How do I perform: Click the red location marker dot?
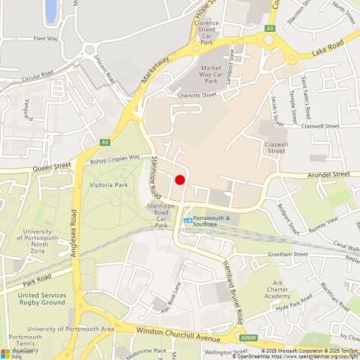pos(180,180)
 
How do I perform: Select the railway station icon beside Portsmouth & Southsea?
pos(188,220)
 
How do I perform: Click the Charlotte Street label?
pos(198,95)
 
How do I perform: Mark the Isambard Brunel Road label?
pos(231,293)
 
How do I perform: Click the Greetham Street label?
pos(288,255)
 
